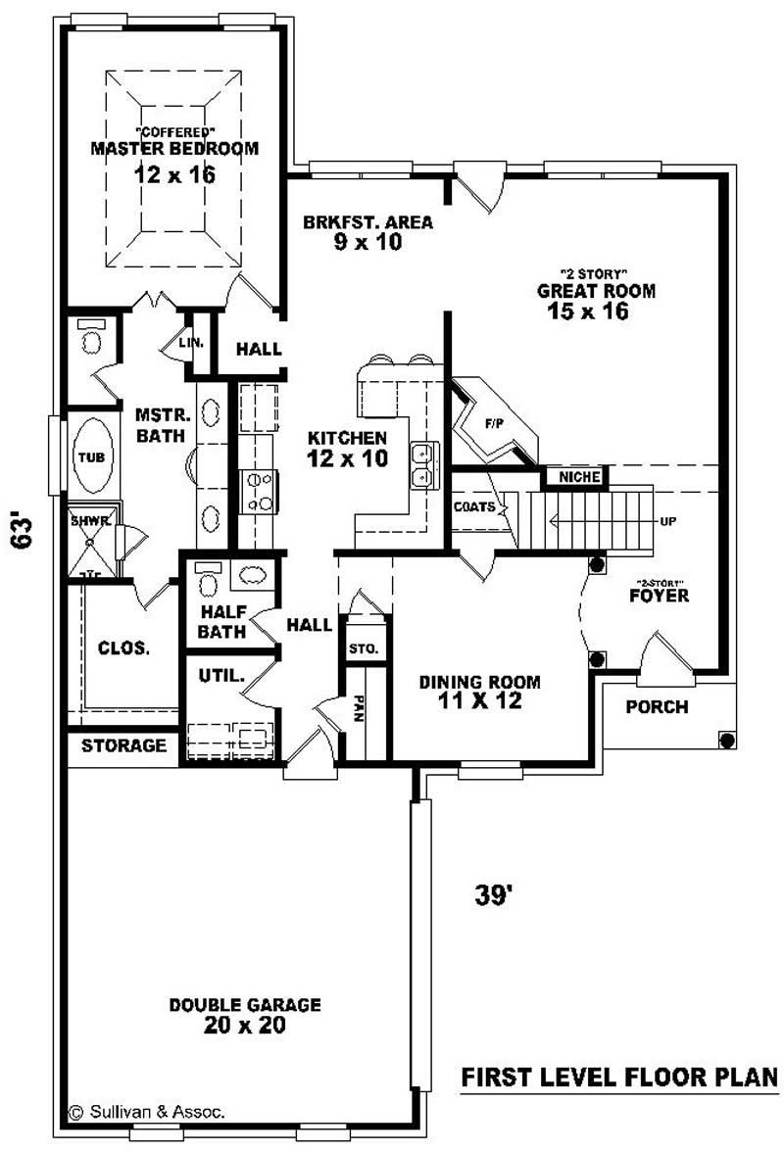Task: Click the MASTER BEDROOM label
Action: (174, 149)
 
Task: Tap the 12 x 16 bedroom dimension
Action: (174, 175)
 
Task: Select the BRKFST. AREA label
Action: (367, 222)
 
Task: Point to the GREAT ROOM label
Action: (596, 291)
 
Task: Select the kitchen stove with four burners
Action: (261, 492)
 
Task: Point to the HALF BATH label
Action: (221, 623)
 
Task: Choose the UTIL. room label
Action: (220, 675)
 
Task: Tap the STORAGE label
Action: (123, 745)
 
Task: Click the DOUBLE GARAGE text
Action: (245, 1005)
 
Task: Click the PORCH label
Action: (657, 706)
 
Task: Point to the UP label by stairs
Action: (667, 521)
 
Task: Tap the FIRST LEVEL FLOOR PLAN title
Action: (619, 1077)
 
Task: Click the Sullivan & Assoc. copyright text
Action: (147, 1111)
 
